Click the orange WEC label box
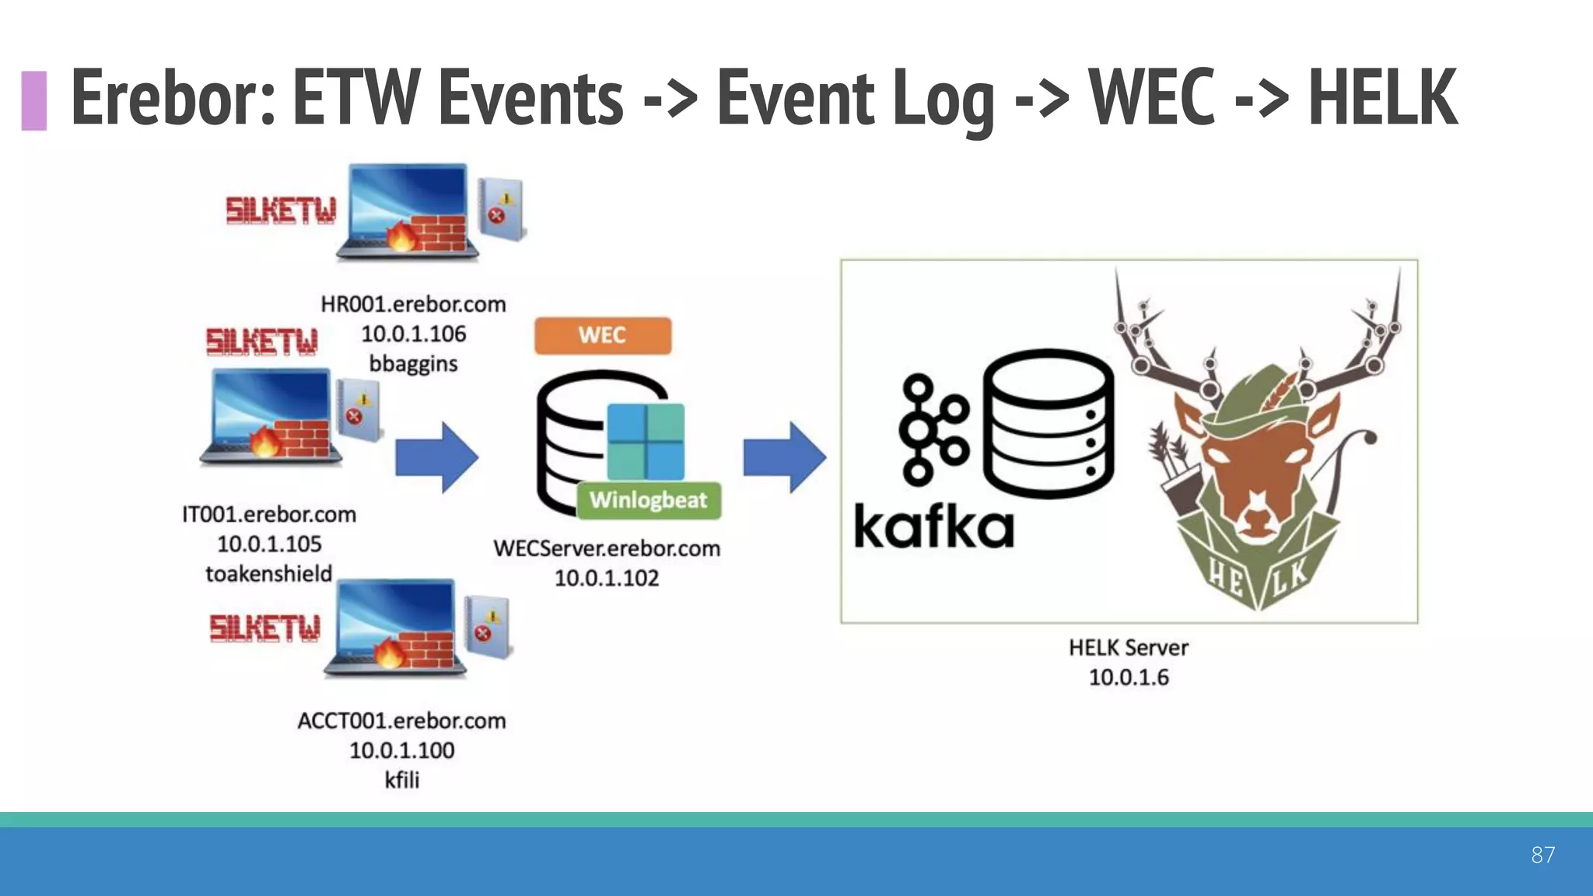(x=602, y=335)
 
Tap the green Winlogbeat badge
(x=649, y=499)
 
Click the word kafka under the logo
(x=933, y=527)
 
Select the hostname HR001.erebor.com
(x=413, y=304)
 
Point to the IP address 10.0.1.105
(x=269, y=544)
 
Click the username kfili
(x=401, y=779)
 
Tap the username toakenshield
(x=268, y=573)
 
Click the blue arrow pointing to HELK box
(x=784, y=457)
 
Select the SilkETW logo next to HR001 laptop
(x=281, y=210)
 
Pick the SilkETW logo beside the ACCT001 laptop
(x=264, y=628)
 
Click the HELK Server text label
(x=1128, y=647)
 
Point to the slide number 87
(x=1542, y=855)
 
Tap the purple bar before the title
(x=33, y=100)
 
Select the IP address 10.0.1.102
(x=606, y=578)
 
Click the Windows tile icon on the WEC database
(x=645, y=441)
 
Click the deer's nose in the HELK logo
(x=1255, y=520)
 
